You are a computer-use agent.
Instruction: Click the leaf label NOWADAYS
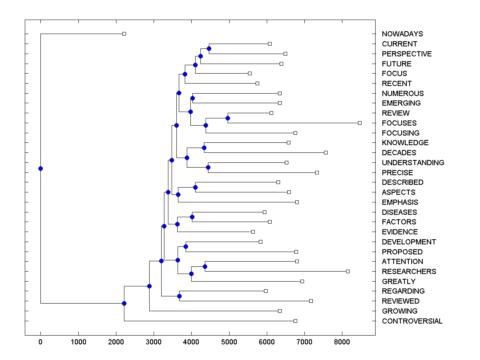pyautogui.click(x=402, y=34)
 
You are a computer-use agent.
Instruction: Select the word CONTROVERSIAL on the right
pyautogui.click(x=412, y=321)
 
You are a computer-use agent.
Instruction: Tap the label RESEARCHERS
pyautogui.click(x=409, y=272)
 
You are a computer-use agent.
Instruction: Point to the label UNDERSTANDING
pyautogui.click(x=413, y=163)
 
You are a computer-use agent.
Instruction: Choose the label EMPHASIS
pyautogui.click(x=400, y=202)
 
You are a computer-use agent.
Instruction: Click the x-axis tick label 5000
pyautogui.click(x=229, y=342)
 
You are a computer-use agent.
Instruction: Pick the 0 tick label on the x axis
pyautogui.click(x=40, y=342)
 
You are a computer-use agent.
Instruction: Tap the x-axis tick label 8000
pyautogui.click(x=342, y=342)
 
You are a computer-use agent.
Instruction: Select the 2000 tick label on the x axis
pyautogui.click(x=116, y=342)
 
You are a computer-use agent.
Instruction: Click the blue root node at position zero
pyautogui.click(x=40, y=168)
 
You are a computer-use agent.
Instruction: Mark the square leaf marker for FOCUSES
pyautogui.click(x=360, y=123)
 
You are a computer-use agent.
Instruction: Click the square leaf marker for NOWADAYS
pyautogui.click(x=124, y=34)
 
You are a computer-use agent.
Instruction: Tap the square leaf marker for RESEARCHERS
pyautogui.click(x=348, y=271)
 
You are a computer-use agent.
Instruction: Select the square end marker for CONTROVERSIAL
pyautogui.click(x=295, y=321)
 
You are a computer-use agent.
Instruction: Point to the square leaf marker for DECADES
pyautogui.click(x=326, y=152)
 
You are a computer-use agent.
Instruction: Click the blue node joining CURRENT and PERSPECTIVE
pyautogui.click(x=209, y=48)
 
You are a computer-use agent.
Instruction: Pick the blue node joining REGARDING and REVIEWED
pyautogui.click(x=179, y=296)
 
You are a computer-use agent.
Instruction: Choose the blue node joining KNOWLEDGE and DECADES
pyautogui.click(x=204, y=148)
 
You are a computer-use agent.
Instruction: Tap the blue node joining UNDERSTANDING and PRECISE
pyautogui.click(x=208, y=167)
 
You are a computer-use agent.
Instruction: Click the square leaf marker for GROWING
pyautogui.click(x=280, y=311)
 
